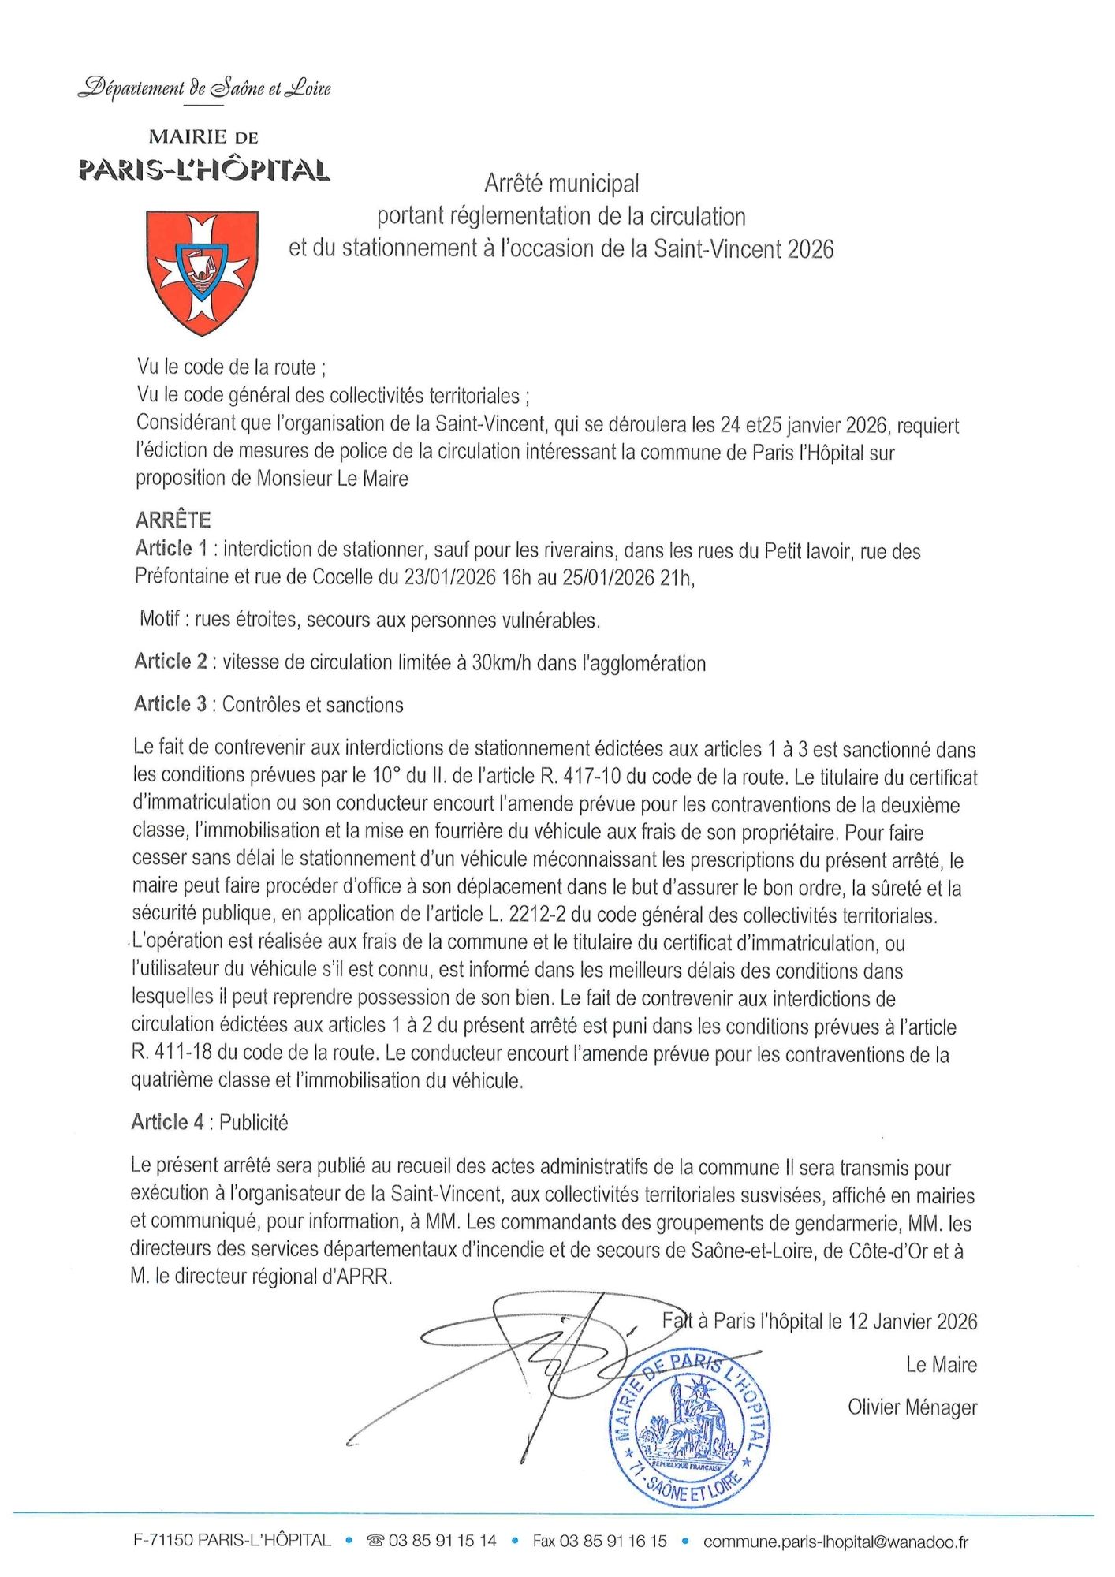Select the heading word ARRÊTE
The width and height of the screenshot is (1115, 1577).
point(173,520)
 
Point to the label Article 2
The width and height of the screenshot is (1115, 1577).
point(170,662)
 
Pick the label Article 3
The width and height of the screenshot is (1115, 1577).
point(170,704)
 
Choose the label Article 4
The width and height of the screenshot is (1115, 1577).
point(168,1122)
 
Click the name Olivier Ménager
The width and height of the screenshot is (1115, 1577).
point(912,1407)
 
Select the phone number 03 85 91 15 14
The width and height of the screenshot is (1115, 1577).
point(442,1541)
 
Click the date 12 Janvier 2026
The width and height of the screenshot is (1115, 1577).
point(912,1322)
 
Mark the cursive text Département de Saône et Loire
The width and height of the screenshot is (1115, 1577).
point(205,88)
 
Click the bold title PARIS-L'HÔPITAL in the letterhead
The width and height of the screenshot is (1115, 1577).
point(204,170)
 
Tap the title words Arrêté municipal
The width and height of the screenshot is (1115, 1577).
point(561,184)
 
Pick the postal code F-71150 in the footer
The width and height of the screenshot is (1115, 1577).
point(163,1541)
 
